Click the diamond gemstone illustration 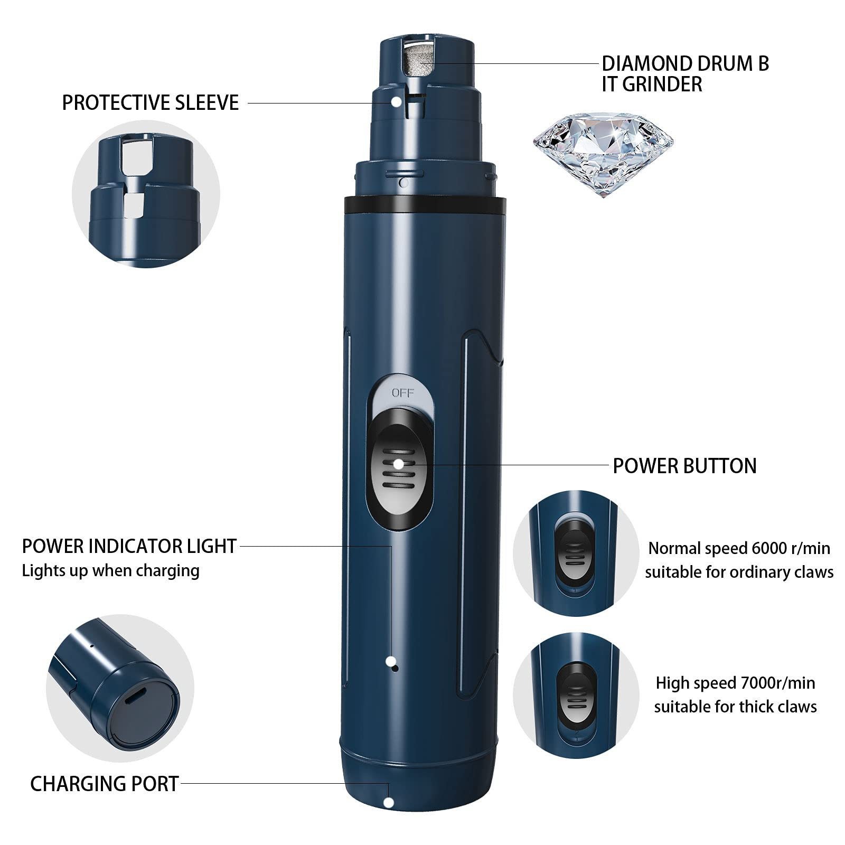(x=603, y=155)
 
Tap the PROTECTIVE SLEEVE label (x=151, y=102)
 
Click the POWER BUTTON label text (x=684, y=466)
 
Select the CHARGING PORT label (x=105, y=784)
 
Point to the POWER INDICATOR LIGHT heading (x=129, y=546)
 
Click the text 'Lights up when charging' (x=111, y=571)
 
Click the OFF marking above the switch (x=403, y=393)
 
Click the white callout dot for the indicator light (x=390, y=660)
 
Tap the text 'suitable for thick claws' (x=735, y=707)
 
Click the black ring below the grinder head (x=425, y=204)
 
